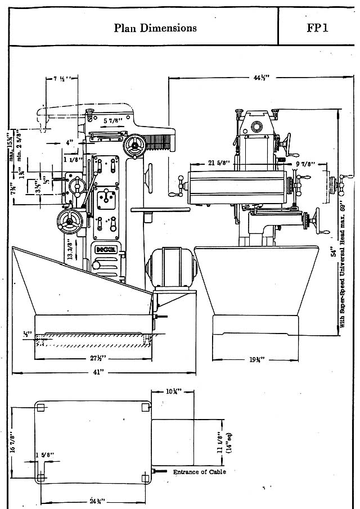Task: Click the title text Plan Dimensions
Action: (x=155, y=28)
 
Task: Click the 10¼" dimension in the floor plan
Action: (x=172, y=391)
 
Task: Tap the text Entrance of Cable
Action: (x=199, y=471)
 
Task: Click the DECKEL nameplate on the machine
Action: (x=102, y=249)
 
